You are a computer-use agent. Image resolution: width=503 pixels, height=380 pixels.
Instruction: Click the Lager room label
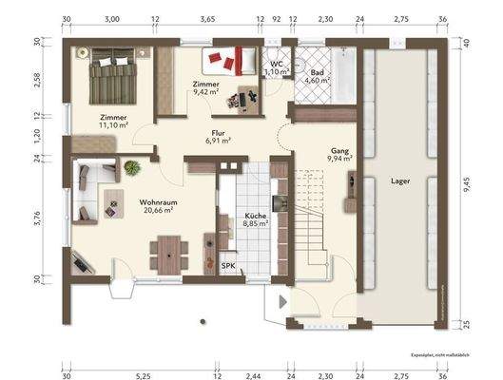[x=399, y=179]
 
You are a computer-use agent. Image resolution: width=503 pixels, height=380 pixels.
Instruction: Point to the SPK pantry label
[x=228, y=266]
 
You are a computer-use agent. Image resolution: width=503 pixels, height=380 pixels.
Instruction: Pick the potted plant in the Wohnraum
[x=130, y=168]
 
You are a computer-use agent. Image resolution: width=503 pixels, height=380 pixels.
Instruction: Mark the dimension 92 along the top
[x=277, y=18]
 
